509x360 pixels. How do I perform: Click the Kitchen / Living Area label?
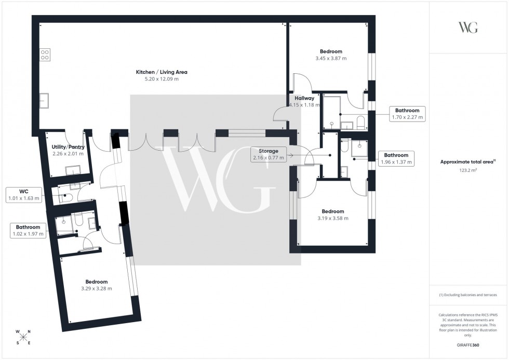pos(162,72)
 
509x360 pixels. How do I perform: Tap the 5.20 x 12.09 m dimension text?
pos(162,79)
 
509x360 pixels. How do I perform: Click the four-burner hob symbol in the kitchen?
pos(45,55)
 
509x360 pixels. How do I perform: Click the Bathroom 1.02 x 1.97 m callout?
pos(28,230)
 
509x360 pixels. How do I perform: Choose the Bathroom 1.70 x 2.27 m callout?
pos(407,114)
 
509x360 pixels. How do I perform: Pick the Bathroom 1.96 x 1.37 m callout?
pos(396,158)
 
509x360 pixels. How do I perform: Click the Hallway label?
pos(304,98)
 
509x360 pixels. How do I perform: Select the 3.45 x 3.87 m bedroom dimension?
pos(331,59)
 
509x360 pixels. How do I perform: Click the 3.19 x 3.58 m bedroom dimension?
pos(332,219)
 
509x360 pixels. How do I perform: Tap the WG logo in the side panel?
pos(468,28)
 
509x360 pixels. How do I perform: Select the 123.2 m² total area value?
pos(468,170)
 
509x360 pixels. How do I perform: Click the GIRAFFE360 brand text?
pos(468,344)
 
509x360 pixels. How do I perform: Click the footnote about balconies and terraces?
pos(468,295)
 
